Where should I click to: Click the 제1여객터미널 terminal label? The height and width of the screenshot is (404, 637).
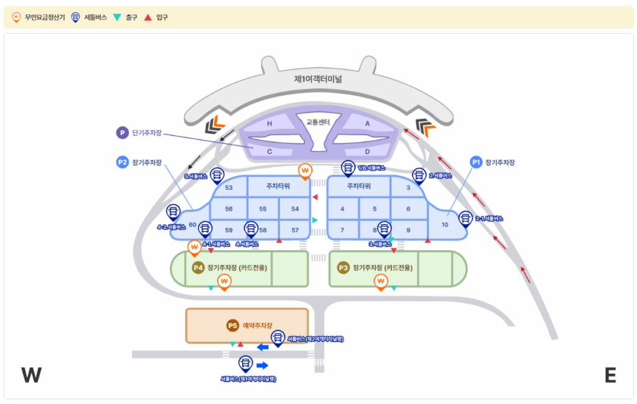(318, 79)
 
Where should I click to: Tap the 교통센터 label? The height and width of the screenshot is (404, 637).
(318, 122)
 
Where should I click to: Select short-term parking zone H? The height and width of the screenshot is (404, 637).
(269, 124)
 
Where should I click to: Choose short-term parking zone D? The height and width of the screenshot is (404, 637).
(367, 151)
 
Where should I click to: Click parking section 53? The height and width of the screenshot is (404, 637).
(229, 187)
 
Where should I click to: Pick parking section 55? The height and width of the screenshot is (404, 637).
(263, 209)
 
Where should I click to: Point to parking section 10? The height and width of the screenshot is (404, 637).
(444, 224)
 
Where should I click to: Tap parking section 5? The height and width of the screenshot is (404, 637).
(375, 209)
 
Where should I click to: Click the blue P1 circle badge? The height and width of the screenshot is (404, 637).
(476, 162)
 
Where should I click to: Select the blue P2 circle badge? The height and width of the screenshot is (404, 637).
(122, 162)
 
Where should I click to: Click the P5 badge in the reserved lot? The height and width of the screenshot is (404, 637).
(232, 325)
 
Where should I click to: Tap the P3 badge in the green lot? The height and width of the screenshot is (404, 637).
(343, 268)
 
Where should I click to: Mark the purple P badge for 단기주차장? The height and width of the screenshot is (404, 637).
(123, 133)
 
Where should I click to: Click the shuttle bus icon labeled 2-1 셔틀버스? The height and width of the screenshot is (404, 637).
(465, 218)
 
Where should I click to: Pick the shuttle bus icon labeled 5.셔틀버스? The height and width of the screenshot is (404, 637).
(217, 175)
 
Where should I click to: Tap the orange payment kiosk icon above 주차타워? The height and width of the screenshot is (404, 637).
(305, 169)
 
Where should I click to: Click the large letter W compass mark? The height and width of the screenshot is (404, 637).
(31, 375)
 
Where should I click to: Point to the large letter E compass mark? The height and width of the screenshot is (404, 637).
(610, 375)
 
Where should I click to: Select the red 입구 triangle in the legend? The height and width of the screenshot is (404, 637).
(147, 17)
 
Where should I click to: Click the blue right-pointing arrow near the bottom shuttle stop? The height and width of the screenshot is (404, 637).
(262, 365)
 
